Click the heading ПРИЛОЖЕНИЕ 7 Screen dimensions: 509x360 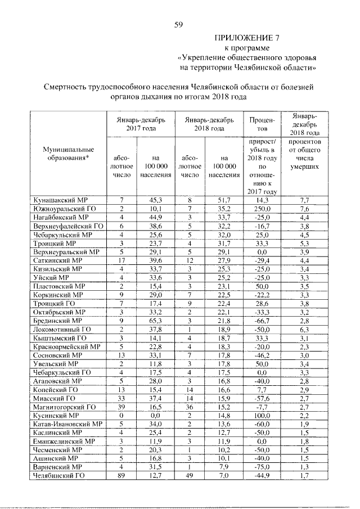pos(248,38)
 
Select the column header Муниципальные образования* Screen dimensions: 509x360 pos(67,154)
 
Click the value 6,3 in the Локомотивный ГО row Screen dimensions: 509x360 pos(305,328)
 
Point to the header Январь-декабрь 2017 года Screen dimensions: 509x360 pos(141,124)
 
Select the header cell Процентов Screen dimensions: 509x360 pos(260,124)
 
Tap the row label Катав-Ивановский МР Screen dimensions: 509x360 pos(67,424)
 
